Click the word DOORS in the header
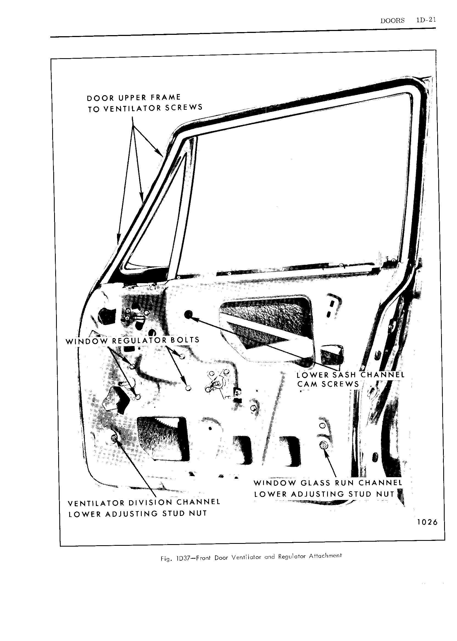click(x=392, y=20)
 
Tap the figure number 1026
click(x=427, y=522)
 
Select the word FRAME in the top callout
click(x=165, y=97)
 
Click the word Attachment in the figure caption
click(x=325, y=556)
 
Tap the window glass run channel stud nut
click(x=323, y=445)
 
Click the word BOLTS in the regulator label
click(x=185, y=340)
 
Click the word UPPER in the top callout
click(x=132, y=98)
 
